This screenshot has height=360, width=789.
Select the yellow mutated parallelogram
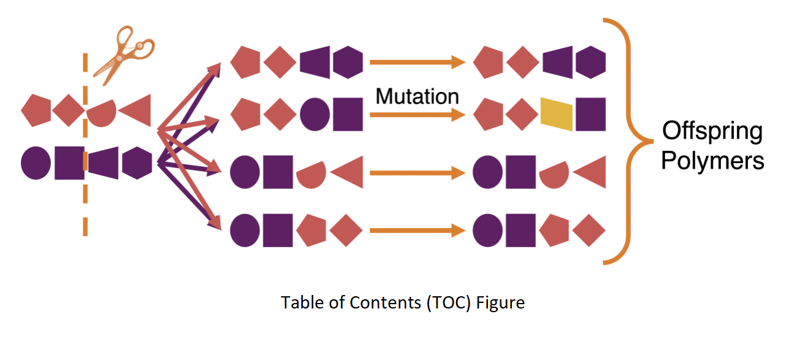557,114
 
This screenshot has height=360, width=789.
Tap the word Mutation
417,96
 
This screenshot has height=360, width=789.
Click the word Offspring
712,132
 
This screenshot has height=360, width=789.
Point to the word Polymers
712,161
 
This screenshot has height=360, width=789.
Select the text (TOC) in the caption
448,303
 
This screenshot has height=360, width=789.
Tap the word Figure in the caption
500,303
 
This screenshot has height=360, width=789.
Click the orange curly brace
630,141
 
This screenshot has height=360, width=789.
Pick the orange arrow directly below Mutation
417,115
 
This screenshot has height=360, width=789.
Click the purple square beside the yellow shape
591,114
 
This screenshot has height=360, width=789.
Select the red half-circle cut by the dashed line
101,113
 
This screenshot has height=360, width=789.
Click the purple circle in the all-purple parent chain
36,163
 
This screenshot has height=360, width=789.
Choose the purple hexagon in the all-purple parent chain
137,163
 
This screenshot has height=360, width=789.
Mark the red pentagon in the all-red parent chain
36,110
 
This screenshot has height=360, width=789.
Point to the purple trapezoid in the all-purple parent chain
103,163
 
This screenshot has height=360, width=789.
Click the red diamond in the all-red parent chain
69,110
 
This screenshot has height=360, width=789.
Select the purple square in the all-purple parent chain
69,163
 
